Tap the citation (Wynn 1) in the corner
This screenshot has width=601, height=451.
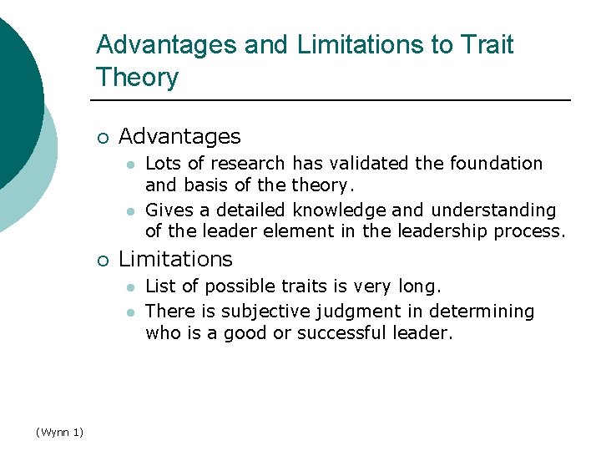coord(59,431)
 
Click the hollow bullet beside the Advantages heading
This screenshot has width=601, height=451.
coord(101,137)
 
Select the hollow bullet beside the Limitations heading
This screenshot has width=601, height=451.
coord(101,260)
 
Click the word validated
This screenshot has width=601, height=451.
coord(366,163)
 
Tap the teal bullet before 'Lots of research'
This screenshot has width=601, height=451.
coord(130,164)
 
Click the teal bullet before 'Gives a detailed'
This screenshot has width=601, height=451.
coord(130,210)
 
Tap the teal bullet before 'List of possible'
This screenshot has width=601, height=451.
coord(130,286)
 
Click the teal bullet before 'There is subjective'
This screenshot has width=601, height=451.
coord(130,312)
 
